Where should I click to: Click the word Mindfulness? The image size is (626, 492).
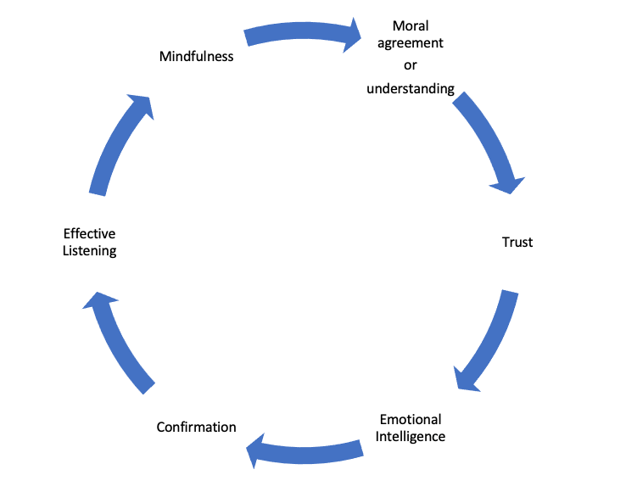pos(196,57)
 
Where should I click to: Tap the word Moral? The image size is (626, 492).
pos(411,25)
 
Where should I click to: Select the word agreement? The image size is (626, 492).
pos(411,43)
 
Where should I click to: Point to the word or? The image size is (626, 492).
pos(411,65)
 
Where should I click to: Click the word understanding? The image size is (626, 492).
pos(411,88)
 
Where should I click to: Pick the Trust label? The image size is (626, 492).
pos(517,243)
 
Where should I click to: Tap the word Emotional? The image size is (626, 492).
pos(411,420)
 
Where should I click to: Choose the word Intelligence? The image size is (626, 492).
pos(411,437)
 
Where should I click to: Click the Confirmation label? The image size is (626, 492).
pos(196,427)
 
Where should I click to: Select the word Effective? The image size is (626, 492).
pos(89,234)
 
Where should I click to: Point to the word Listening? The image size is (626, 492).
pos(89,251)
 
